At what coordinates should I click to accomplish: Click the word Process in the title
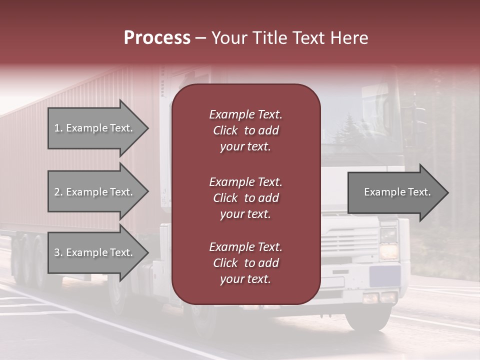pos(157,38)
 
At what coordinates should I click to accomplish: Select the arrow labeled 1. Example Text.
pos(95,128)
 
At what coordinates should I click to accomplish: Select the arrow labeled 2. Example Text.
pos(95,192)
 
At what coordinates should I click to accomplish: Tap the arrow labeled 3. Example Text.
pos(95,252)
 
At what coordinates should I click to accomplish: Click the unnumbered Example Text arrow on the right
pos(395,192)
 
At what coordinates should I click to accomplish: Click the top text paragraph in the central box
pos(245,130)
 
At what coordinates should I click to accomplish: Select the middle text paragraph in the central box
pos(245,198)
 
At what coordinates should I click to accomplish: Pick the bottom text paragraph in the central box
pos(245,263)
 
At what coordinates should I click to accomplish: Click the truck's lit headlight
pos(388,250)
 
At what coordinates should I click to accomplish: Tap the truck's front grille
pos(350,240)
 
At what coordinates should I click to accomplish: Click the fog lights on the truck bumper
pos(379,297)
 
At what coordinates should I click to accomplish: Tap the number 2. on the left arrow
pos(58,192)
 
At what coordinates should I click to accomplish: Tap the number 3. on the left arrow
pos(58,252)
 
